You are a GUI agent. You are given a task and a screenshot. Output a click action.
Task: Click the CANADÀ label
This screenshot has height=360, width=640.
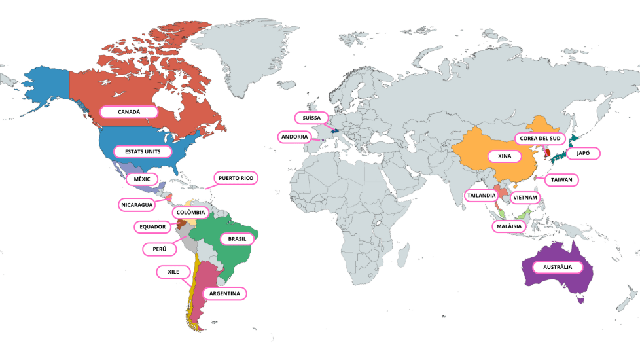[x=129, y=112]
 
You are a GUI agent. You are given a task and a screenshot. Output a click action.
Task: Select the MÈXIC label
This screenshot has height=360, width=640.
[x=142, y=179]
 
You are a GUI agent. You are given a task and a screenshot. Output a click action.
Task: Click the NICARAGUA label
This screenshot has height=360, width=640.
[x=137, y=205]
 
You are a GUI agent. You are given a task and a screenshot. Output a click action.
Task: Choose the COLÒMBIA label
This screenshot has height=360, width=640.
[x=190, y=213]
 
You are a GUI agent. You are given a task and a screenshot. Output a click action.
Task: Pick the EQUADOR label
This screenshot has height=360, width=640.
[x=153, y=227]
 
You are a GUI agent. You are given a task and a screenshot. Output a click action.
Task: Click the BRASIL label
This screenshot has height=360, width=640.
[x=237, y=239]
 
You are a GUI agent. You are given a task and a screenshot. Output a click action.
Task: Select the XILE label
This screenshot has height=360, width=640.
[x=173, y=271]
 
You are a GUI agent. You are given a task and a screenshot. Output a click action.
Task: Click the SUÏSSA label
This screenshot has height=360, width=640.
[x=308, y=118]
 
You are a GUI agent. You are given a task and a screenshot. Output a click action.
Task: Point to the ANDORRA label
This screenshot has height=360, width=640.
[x=294, y=137]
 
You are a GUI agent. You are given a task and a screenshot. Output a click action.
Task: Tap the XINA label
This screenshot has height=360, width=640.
[x=505, y=156]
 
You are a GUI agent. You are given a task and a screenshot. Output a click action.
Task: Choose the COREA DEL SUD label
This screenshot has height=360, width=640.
[x=540, y=139]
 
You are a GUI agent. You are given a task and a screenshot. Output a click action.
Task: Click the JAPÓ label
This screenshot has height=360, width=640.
[x=582, y=153]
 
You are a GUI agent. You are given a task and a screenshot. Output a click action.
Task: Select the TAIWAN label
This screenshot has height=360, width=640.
[x=561, y=179]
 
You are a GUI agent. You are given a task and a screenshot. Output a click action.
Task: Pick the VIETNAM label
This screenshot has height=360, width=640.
[x=525, y=197]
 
